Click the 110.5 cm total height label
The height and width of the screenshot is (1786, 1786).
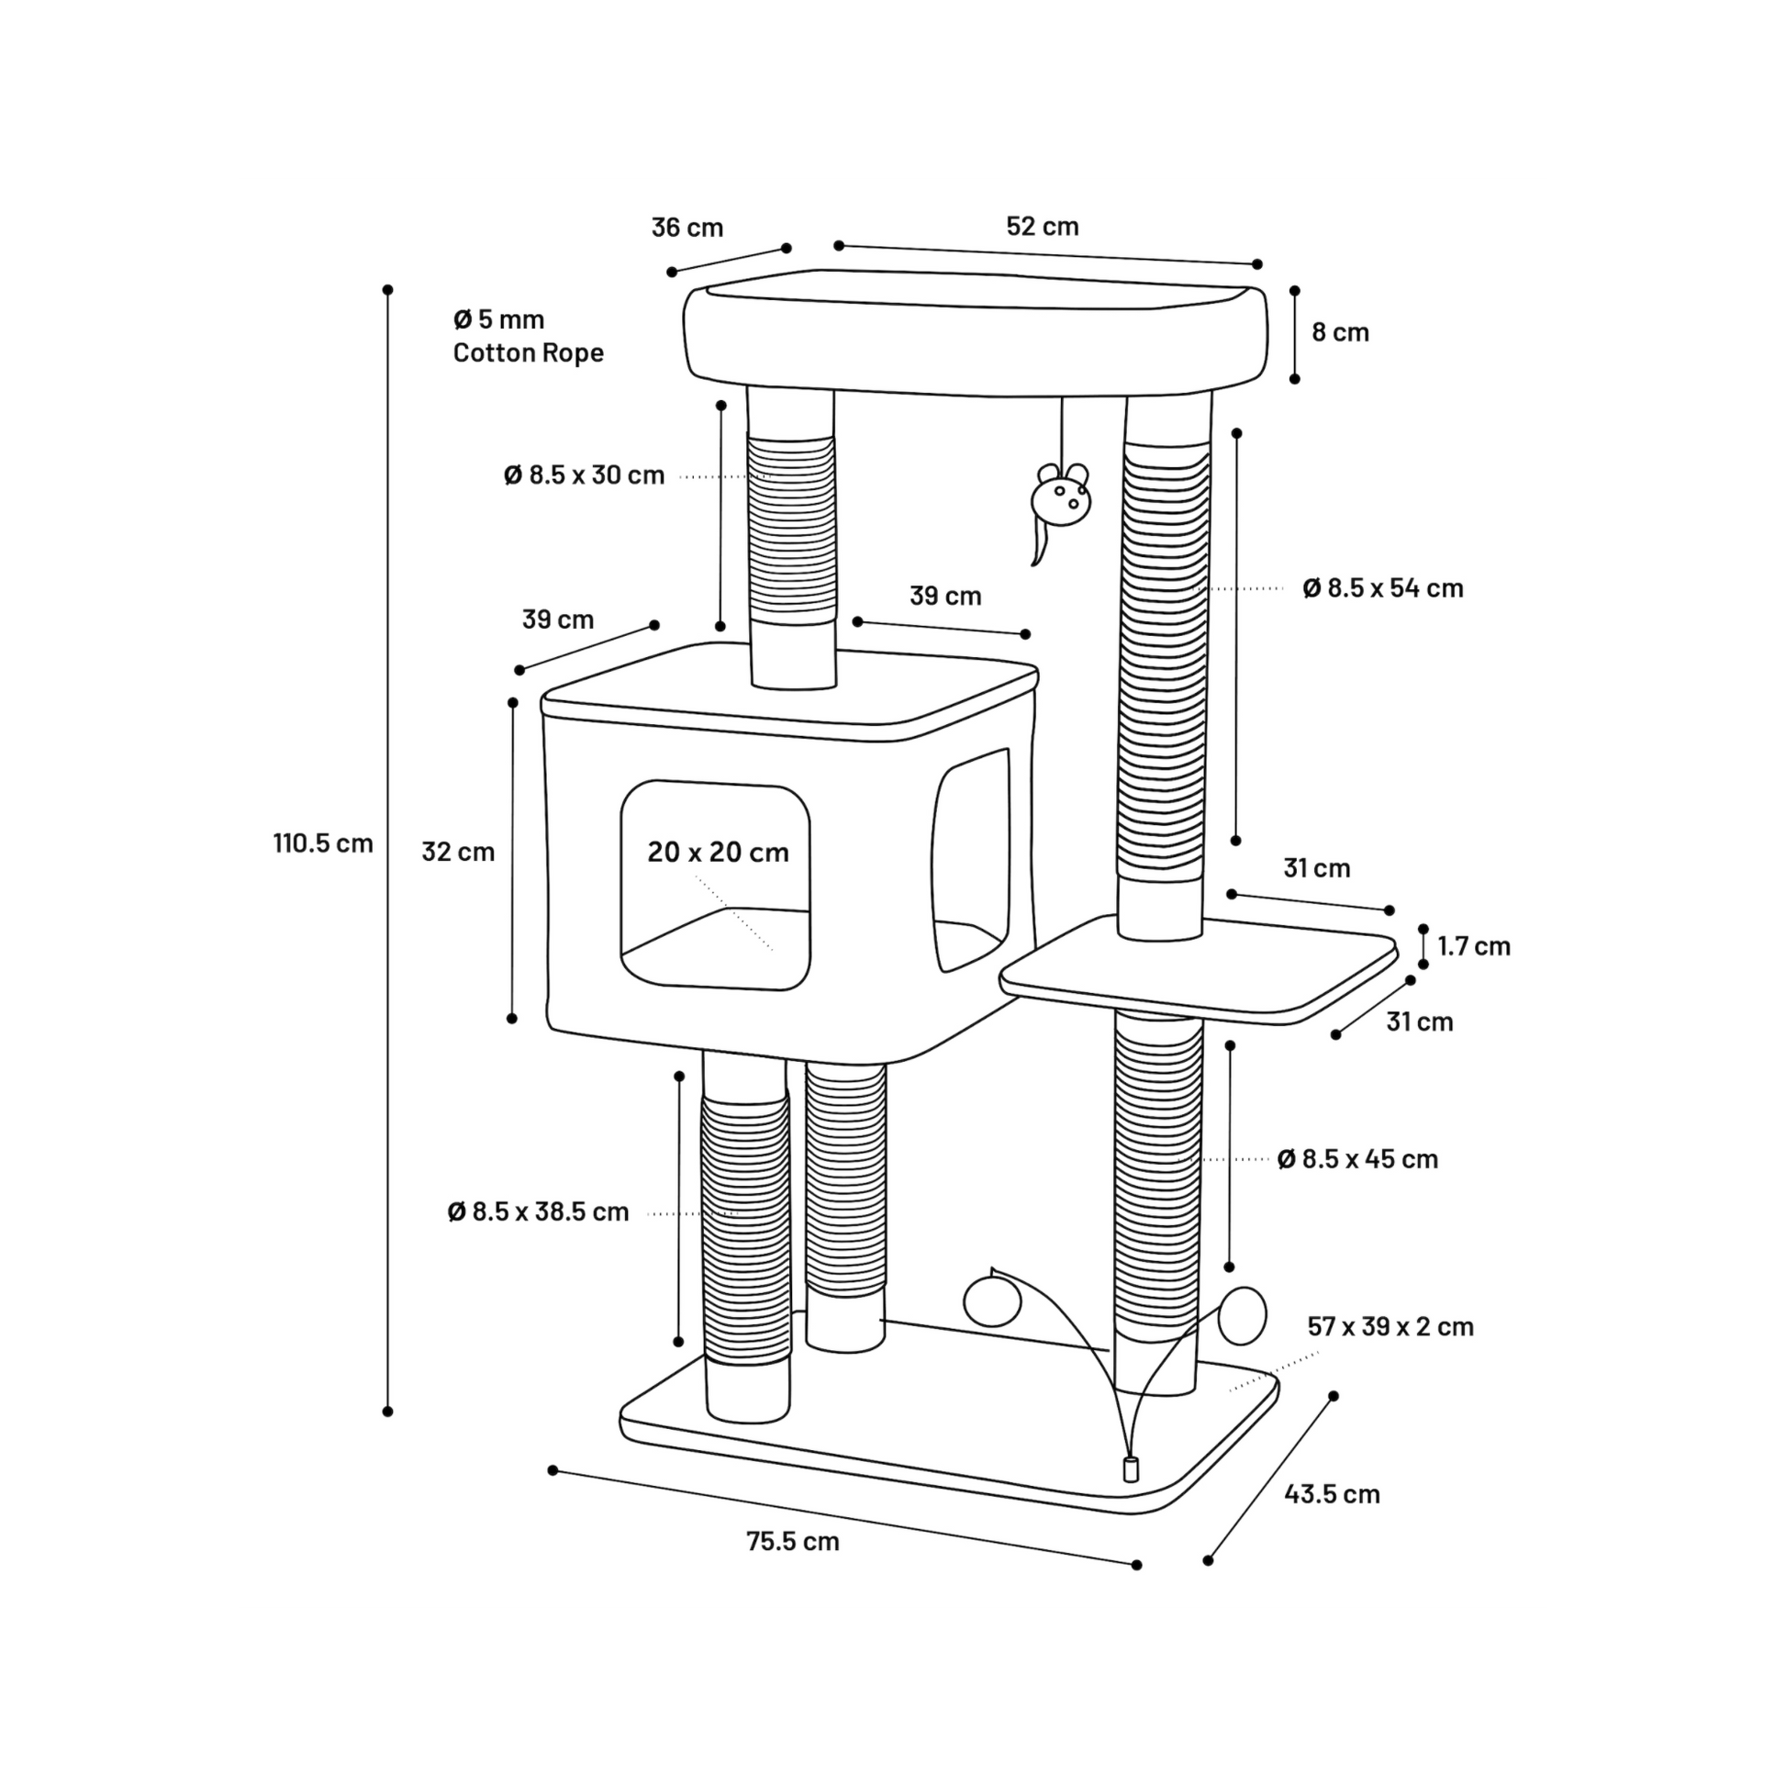coord(323,843)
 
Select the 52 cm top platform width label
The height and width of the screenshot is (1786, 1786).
coord(1043,227)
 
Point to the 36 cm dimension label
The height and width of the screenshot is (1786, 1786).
coord(686,228)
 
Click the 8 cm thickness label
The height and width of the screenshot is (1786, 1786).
coord(1341,332)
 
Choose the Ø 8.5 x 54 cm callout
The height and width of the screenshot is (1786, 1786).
coord(1383,588)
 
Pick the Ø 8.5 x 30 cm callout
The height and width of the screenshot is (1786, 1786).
coord(585,475)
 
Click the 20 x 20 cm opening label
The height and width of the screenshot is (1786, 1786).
coord(719,852)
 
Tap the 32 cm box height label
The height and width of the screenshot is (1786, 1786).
coord(459,852)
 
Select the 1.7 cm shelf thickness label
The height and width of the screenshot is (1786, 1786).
coord(1474,945)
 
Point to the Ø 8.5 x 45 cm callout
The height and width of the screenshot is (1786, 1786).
coord(1358,1159)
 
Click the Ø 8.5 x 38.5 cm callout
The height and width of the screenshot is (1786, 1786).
coord(538,1211)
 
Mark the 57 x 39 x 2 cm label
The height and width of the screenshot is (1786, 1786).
coord(1390,1326)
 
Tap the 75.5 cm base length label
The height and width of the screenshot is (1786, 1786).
coord(793,1541)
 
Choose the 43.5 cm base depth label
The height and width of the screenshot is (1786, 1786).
coord(1332,1494)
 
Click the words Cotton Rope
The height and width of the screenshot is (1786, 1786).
coord(528,352)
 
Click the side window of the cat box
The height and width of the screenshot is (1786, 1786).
coord(970,860)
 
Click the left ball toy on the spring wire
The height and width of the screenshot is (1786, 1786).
coord(992,1301)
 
